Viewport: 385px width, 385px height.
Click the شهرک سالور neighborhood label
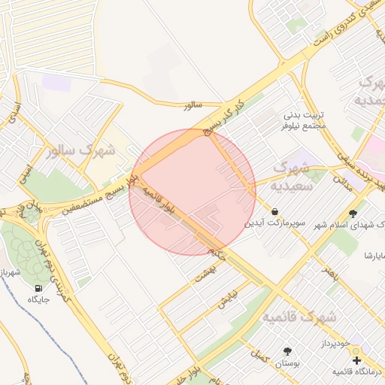click(81, 150)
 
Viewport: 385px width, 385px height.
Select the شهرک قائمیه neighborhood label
click(299, 318)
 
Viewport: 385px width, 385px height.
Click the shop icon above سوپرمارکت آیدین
click(274, 212)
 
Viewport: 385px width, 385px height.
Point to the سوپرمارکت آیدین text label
click(274, 224)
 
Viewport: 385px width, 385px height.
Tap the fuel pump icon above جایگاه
click(38, 288)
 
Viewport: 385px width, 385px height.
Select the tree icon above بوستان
click(287, 351)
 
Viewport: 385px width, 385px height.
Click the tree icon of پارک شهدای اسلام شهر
click(353, 214)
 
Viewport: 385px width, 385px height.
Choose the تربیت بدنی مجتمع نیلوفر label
click(305, 120)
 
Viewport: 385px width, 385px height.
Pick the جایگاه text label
click(38, 300)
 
